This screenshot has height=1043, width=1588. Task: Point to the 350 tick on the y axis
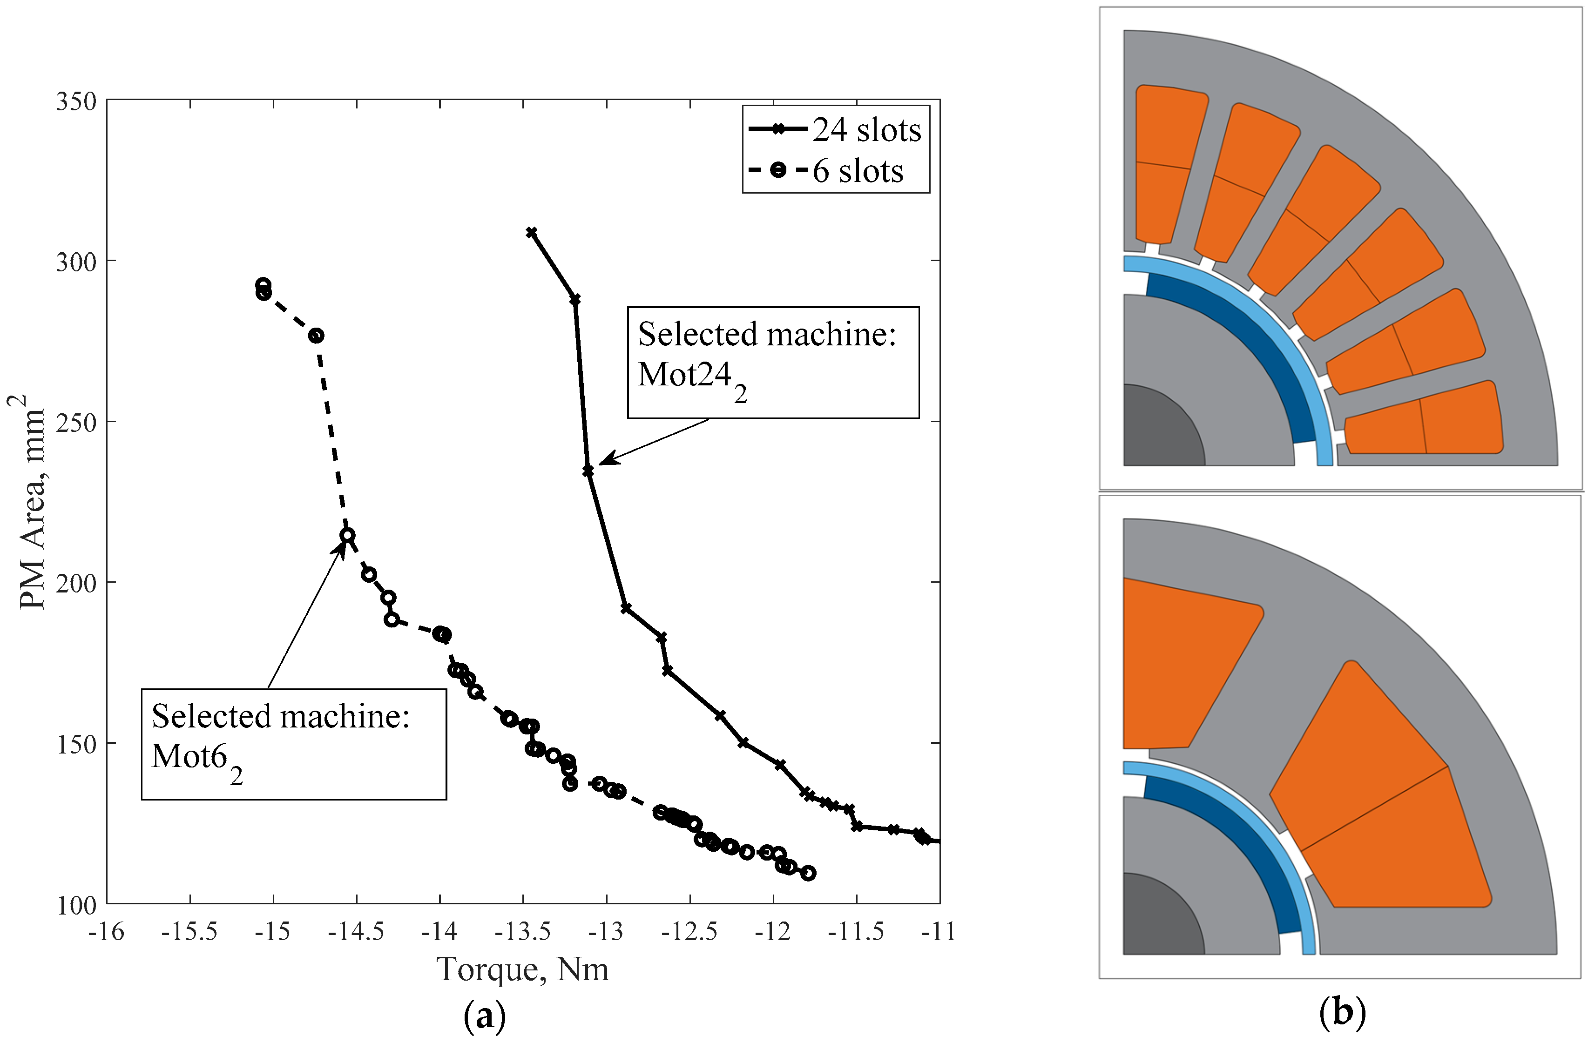[76, 102]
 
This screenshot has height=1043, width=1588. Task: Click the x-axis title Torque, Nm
[522, 969]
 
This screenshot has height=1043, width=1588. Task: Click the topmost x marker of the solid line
[532, 233]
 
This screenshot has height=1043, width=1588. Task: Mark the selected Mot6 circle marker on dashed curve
[347, 535]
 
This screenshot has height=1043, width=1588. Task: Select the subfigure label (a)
[484, 1016]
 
